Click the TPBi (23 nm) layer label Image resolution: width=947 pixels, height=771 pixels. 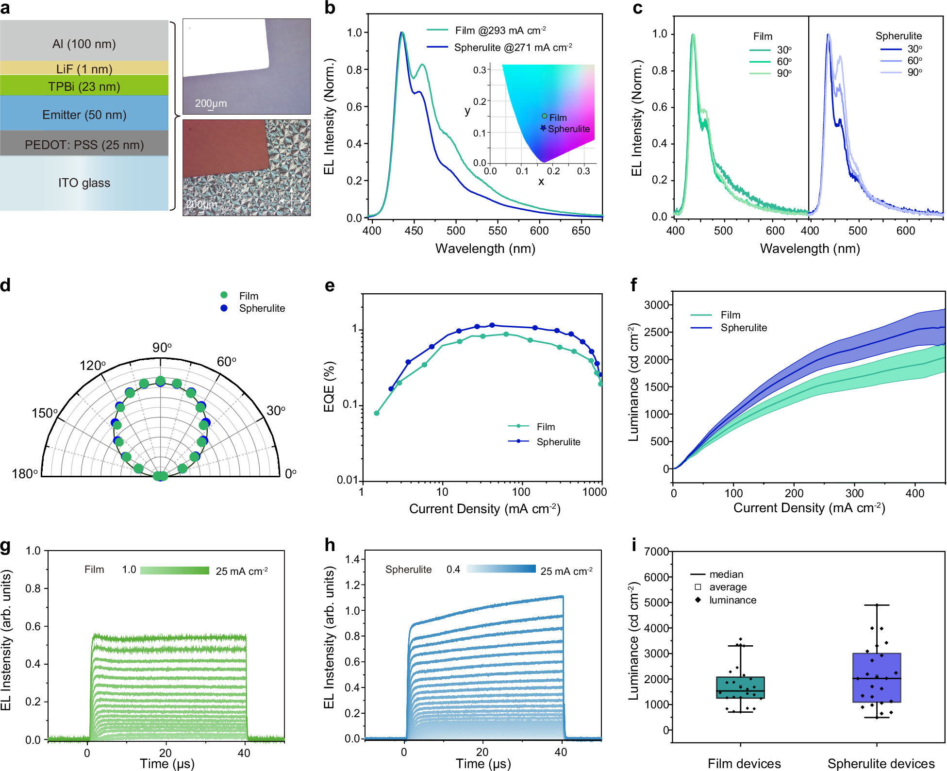click(84, 86)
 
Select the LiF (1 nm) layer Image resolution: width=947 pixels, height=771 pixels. click(84, 68)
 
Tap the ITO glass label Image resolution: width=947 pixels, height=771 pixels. click(84, 183)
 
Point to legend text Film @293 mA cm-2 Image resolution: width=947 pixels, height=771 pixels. click(500, 31)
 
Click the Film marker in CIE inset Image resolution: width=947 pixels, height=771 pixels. click(545, 116)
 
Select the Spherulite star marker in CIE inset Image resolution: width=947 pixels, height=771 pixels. click(543, 128)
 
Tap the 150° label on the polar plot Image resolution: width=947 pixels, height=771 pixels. click(45, 413)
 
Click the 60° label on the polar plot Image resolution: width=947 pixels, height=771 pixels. click(226, 362)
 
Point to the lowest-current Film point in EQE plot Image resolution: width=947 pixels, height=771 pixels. click(377, 413)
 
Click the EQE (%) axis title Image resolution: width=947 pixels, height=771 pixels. click(329, 386)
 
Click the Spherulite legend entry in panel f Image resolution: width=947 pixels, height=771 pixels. click(743, 328)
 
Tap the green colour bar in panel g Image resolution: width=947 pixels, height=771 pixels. click(174, 570)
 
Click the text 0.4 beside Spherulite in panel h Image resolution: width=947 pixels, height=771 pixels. click(453, 570)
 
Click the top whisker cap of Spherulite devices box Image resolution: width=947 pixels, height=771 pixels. click(877, 605)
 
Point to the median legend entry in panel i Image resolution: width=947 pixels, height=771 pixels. click(726, 574)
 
